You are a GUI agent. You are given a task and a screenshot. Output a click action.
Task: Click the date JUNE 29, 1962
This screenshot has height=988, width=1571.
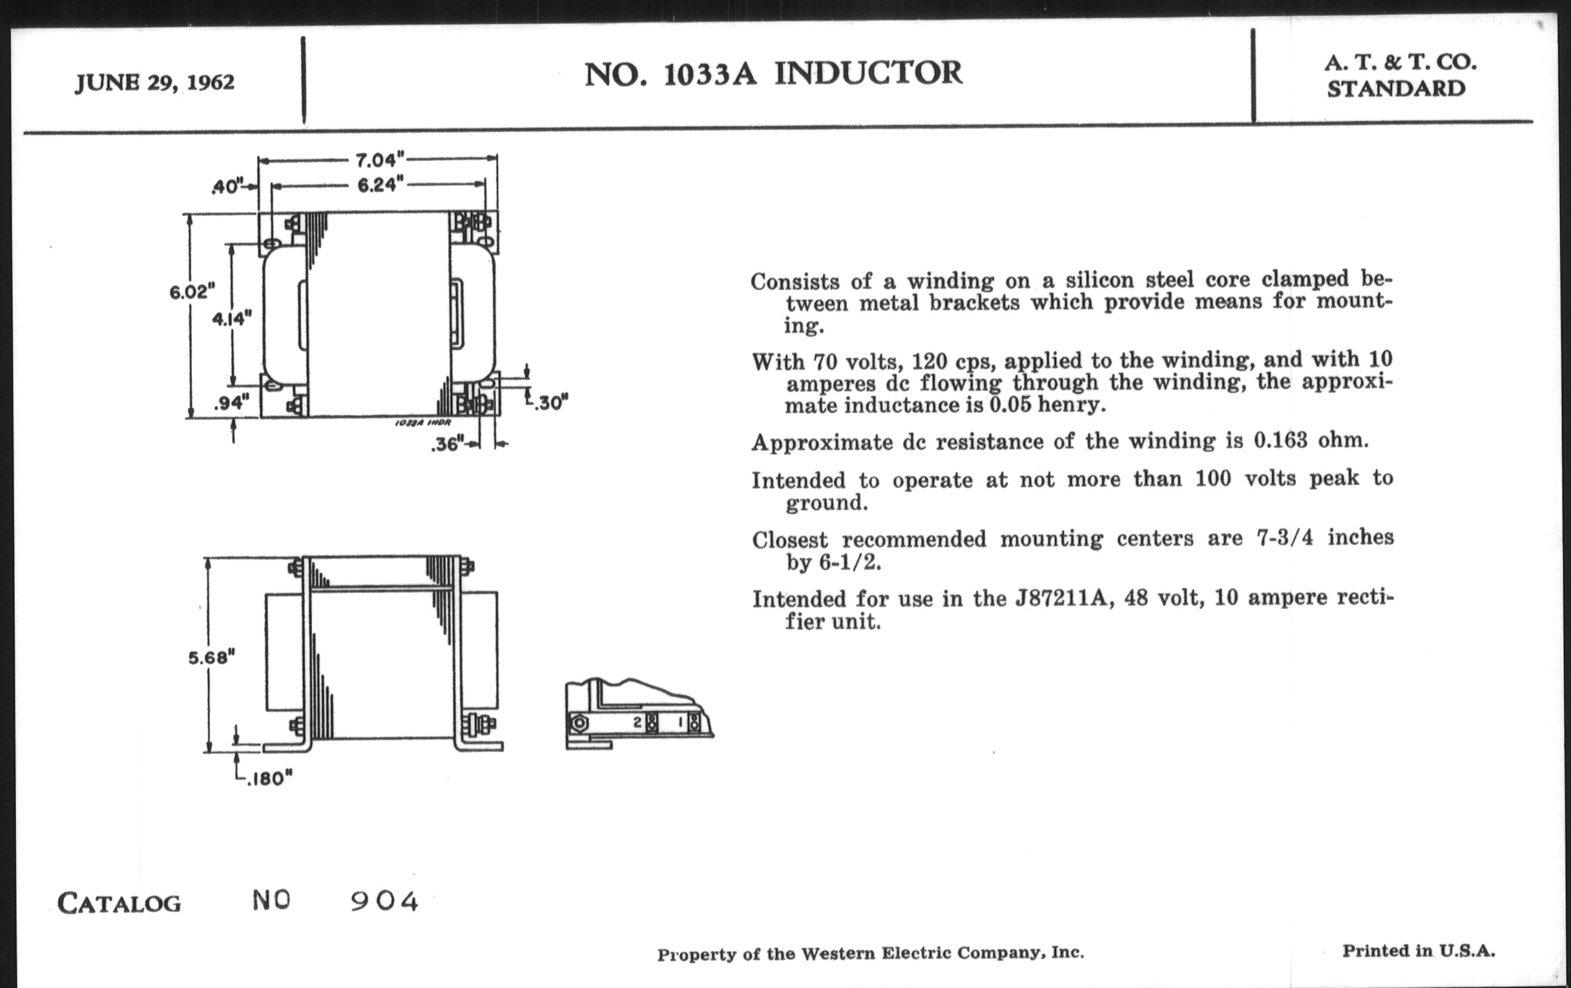(154, 83)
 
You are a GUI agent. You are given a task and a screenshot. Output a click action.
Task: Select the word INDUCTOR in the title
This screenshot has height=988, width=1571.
(868, 73)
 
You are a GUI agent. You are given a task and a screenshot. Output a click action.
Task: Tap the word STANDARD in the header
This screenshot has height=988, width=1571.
(1396, 89)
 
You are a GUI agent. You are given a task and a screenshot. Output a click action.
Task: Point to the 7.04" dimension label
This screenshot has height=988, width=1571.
(380, 159)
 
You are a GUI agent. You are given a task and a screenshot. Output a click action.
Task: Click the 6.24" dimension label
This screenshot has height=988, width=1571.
(380, 185)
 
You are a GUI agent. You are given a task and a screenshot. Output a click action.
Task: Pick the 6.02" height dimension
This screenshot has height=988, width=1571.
(191, 291)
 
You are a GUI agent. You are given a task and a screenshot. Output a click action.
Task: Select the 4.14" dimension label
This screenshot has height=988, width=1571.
(232, 318)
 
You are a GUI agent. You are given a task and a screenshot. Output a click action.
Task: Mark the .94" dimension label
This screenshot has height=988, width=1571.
(232, 403)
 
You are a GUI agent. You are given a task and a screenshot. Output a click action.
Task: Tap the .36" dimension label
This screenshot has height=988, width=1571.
(447, 445)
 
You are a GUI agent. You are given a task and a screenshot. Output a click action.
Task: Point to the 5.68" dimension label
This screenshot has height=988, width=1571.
(211, 657)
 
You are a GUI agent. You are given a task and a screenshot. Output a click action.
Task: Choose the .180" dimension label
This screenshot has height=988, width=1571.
(269, 778)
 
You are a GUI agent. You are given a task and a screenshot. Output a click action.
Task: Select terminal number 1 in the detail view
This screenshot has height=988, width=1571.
(680, 723)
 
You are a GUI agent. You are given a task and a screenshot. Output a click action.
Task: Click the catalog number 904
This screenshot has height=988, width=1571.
(384, 901)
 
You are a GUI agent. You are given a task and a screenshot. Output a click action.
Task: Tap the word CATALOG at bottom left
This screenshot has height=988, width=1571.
(119, 904)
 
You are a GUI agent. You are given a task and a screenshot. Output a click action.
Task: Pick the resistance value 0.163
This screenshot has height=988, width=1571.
(1280, 440)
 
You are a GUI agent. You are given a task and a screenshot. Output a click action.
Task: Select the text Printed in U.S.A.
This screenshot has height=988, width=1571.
(1419, 951)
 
